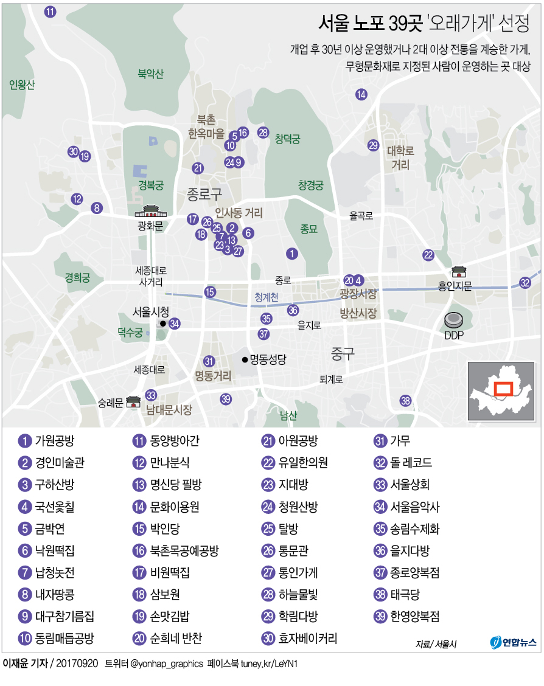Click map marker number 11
51,11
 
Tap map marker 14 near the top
361,94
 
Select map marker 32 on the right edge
525,282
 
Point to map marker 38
405,401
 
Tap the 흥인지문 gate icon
459,271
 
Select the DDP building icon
454,320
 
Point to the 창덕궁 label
287,139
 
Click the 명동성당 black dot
245,359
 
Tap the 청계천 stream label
267,297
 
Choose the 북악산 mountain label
150,74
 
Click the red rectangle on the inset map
503,389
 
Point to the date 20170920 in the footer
77,663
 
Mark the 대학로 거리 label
400,158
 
